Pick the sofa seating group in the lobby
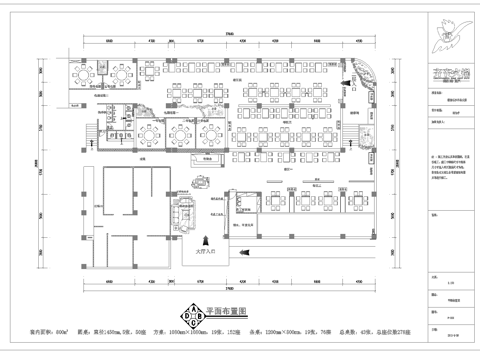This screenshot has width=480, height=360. click(184, 211)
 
